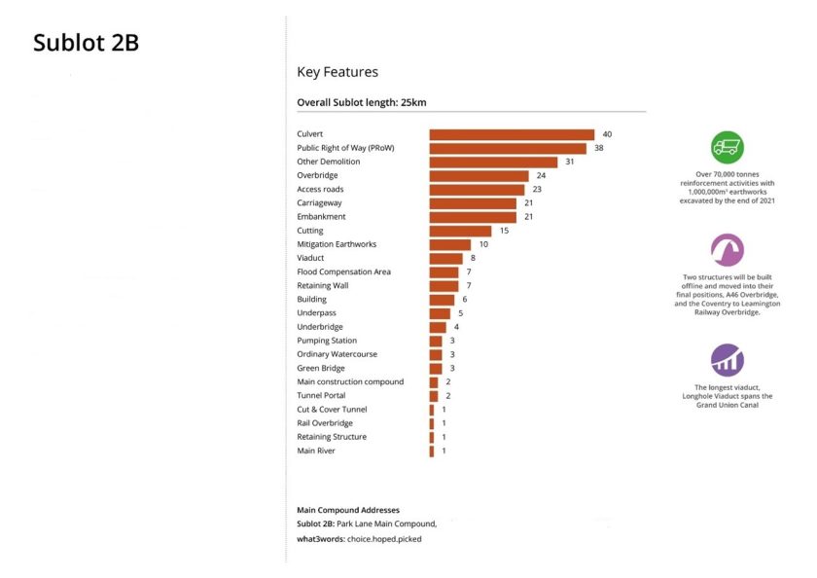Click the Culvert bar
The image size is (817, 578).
point(512,134)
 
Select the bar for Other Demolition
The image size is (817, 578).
point(493,162)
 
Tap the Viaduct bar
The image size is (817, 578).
point(446,258)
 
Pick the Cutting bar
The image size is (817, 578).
point(460,231)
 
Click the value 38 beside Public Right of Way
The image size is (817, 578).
point(599,148)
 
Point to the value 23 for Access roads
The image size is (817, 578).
point(537,189)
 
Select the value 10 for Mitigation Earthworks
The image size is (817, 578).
point(483,244)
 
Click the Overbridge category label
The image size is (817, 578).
point(317,175)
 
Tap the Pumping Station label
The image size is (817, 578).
point(327,341)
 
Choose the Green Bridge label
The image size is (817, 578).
point(321,368)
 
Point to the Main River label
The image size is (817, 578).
point(316,451)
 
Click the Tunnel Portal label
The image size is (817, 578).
point(321,395)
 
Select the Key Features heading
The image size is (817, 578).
point(337,72)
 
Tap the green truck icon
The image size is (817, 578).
point(728,147)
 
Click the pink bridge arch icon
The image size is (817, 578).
point(728,250)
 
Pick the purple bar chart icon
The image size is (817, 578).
point(728,360)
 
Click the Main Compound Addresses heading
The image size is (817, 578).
point(347,510)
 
